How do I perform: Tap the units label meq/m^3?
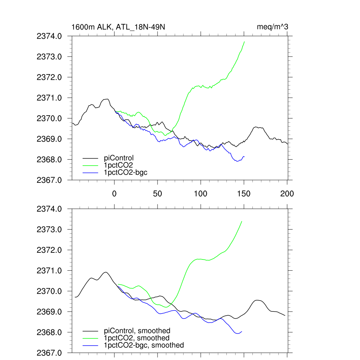point(273,27)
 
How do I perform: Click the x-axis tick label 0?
point(114,193)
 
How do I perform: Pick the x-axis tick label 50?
point(157,193)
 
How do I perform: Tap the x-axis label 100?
point(201,193)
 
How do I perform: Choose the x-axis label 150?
point(244,193)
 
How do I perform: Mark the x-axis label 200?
point(287,193)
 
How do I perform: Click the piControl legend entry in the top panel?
point(119,158)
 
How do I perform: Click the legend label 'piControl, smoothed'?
point(137,330)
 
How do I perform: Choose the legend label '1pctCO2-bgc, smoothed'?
point(144,345)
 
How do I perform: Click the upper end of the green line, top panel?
point(244,41)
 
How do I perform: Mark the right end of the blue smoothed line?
point(242,332)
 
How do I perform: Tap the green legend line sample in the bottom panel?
point(91,338)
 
